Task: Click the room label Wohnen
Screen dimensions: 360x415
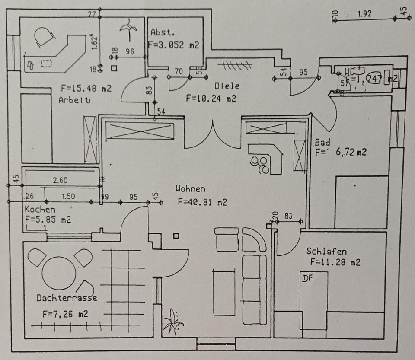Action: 190,189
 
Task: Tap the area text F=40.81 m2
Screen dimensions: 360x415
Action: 202,202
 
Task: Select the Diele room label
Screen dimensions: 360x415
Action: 227,86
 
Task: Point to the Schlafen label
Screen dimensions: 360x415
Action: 327,251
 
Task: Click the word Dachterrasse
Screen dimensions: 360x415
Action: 67,298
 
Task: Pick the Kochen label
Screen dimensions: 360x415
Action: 40,210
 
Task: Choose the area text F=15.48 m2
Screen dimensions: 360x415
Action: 86,89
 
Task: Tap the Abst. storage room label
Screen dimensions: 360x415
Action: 163,32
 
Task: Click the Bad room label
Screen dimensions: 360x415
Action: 322,142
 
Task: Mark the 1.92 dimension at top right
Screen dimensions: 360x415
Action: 364,13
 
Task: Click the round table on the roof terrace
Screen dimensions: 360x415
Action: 59,273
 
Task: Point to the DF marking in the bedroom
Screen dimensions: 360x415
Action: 307,278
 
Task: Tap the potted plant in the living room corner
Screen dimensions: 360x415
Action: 174,321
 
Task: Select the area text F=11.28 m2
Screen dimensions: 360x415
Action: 335,262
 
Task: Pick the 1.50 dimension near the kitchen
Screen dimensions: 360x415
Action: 68,196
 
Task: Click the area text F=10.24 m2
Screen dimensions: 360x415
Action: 211,98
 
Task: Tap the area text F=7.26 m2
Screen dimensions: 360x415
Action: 65,314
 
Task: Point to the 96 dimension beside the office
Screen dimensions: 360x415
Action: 130,51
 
